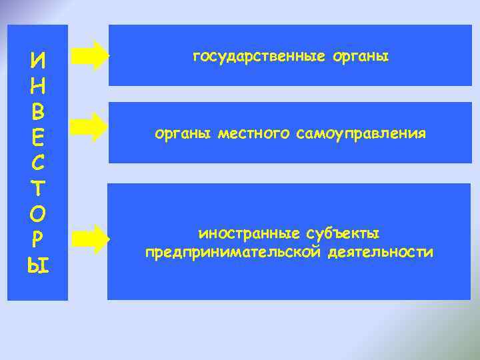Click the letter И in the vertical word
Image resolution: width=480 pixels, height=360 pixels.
[38, 62]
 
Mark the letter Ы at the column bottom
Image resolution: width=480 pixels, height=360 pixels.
[38, 267]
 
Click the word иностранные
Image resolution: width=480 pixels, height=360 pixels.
[250, 235]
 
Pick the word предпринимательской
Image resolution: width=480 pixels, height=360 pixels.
[233, 253]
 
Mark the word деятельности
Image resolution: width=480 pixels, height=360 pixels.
[380, 253]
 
